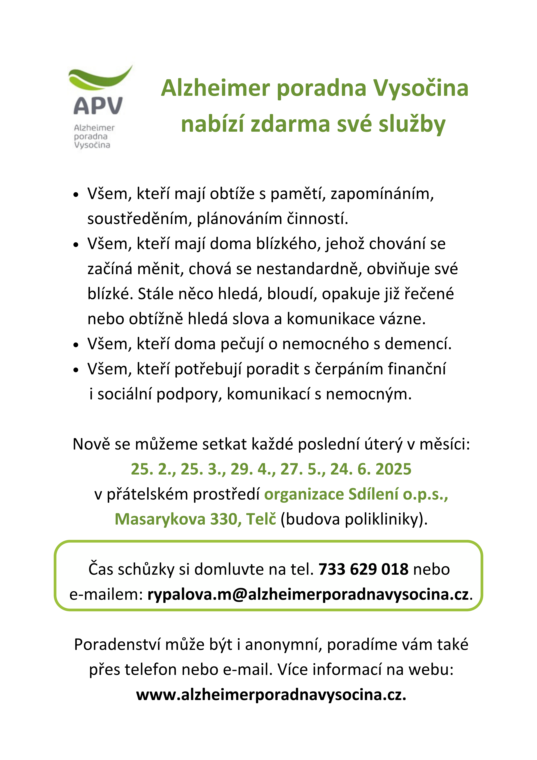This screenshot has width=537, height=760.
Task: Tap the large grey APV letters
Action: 98,106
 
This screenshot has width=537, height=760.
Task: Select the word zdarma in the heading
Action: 290,125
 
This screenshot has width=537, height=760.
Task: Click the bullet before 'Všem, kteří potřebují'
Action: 76,370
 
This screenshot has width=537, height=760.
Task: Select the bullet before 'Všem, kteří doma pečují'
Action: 76,345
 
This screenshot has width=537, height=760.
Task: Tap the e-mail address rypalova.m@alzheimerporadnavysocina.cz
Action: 308,594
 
